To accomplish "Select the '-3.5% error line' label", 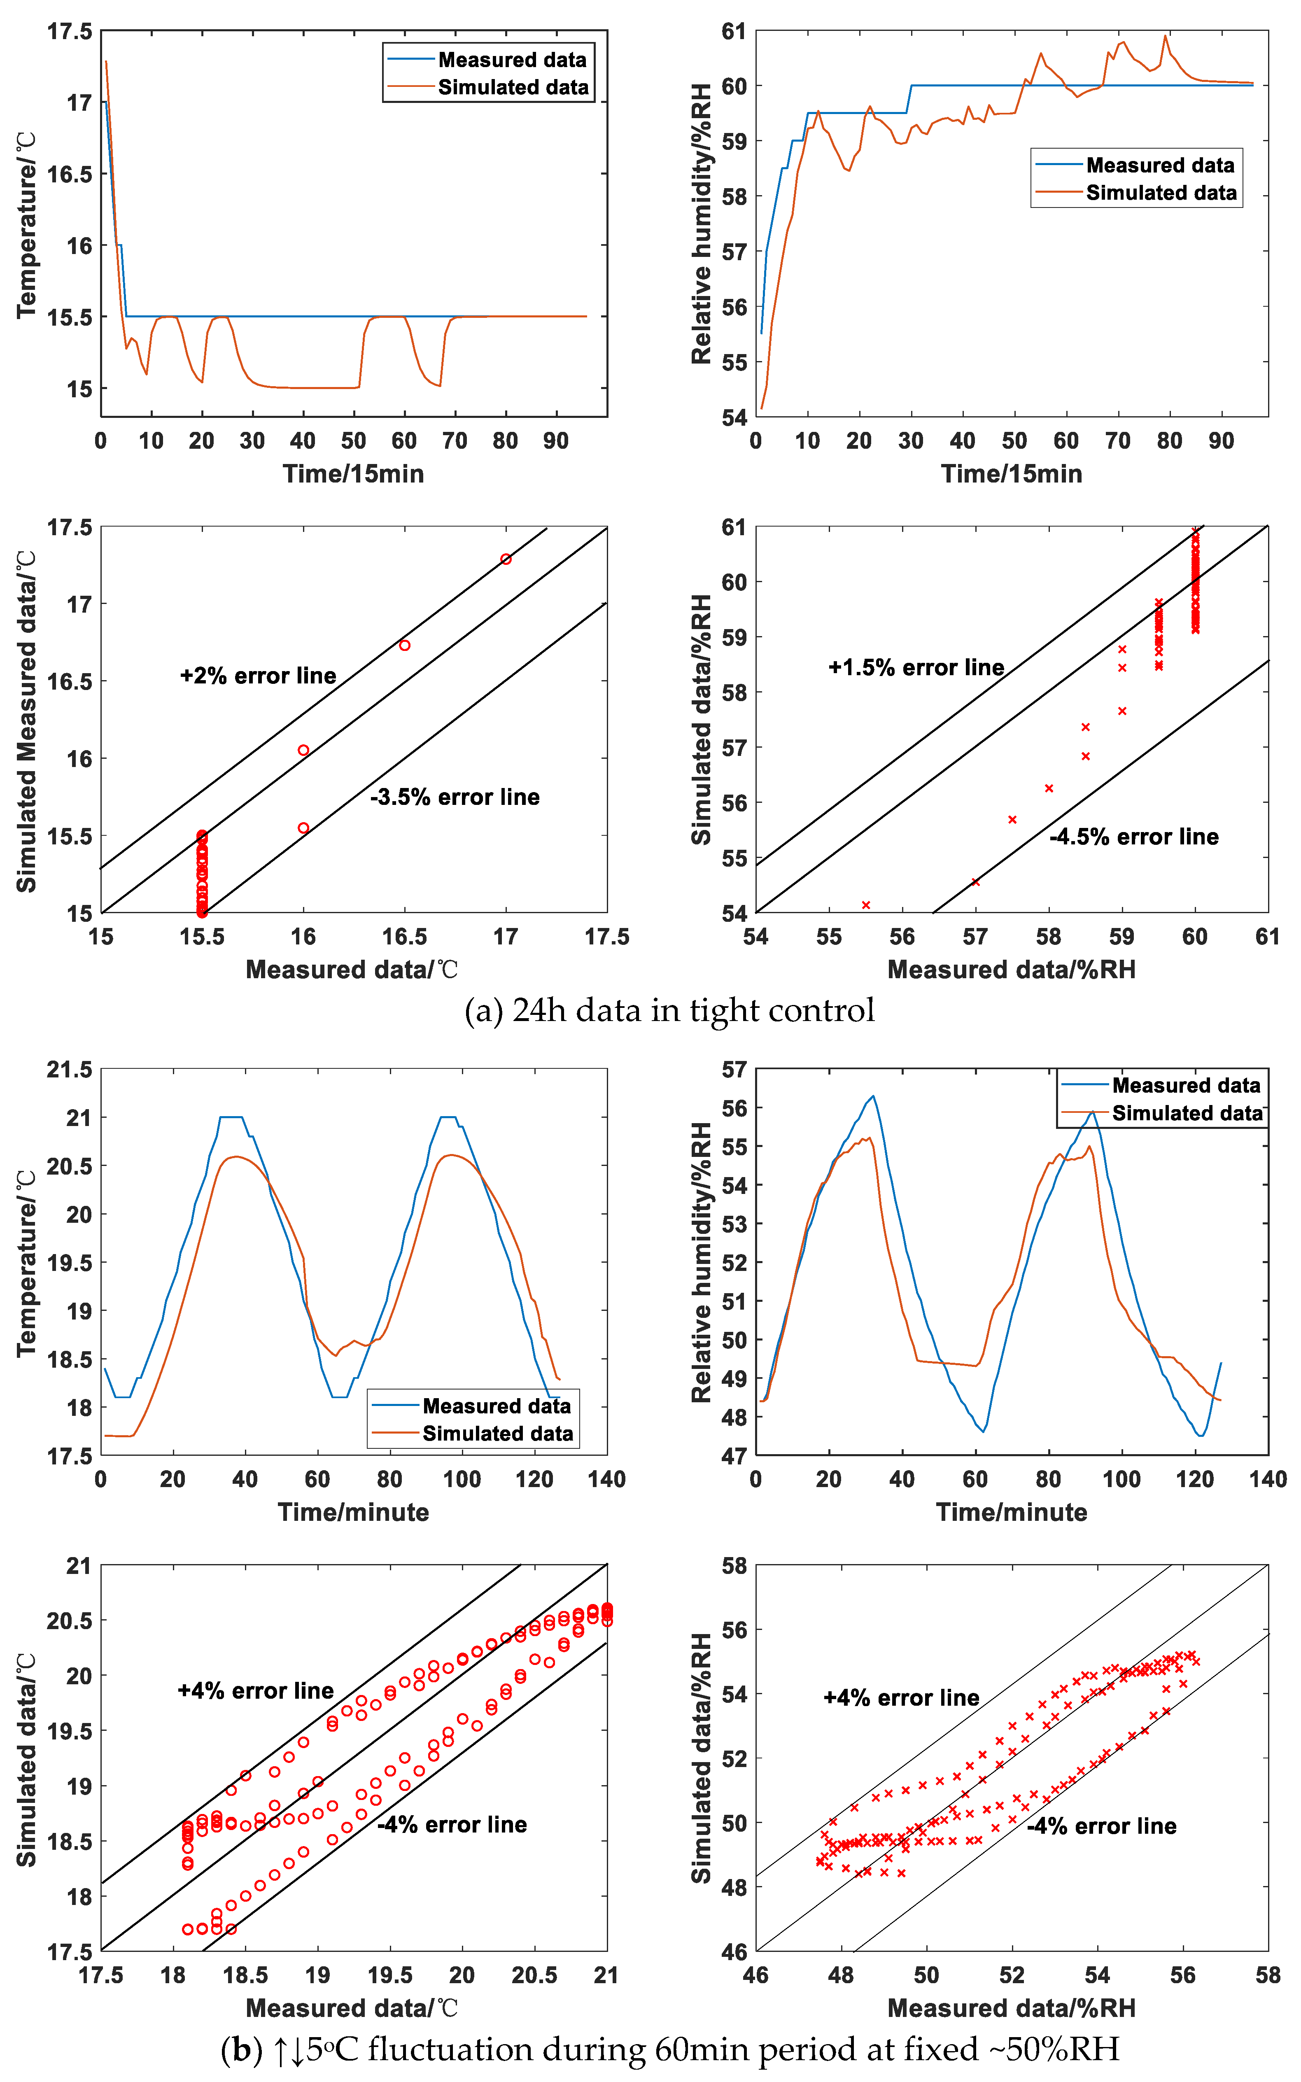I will [x=455, y=797].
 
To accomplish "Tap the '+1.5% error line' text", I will [x=916, y=668].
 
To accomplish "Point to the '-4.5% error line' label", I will [x=1134, y=837].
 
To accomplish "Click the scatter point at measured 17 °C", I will [x=506, y=559].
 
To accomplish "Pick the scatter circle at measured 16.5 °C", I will [x=404, y=645].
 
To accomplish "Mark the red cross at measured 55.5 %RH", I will [x=865, y=905].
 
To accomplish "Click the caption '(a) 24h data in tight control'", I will [x=669, y=1010].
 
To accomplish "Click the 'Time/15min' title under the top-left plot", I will [x=354, y=474].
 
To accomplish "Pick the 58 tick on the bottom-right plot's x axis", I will [x=1267, y=1975].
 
